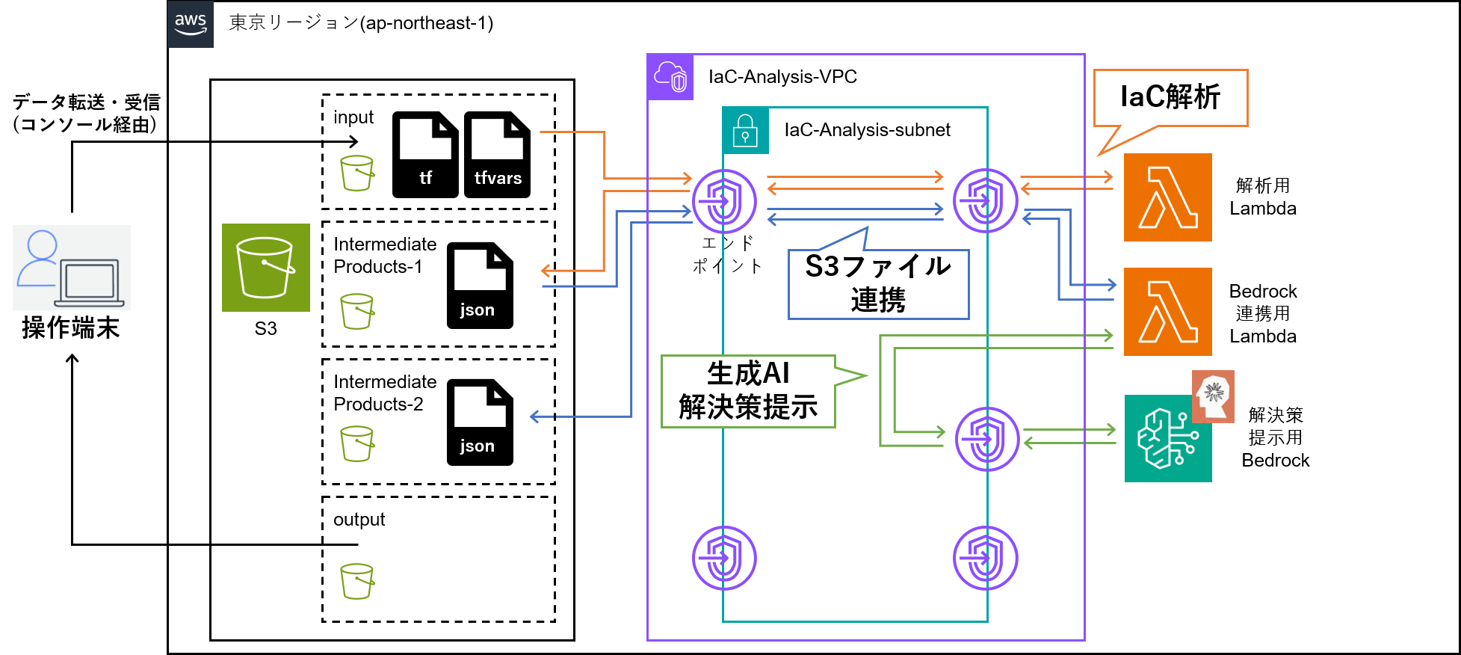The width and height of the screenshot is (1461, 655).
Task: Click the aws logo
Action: coord(190,24)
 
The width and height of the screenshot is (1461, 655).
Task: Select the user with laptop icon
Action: coord(72,268)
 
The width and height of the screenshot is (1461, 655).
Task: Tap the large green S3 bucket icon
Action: coord(265,268)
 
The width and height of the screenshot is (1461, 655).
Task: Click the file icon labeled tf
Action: coord(425,154)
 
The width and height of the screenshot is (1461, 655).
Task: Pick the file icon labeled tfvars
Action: coord(497,154)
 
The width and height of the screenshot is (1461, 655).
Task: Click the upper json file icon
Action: coord(480,285)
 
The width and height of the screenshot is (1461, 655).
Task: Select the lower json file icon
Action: coord(480,422)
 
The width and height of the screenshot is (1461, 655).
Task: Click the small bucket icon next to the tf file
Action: coord(356,173)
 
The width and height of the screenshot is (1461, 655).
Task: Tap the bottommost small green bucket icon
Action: coord(356,581)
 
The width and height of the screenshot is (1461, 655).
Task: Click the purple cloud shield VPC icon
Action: coord(670,77)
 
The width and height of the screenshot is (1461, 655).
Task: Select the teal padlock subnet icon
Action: coord(745,130)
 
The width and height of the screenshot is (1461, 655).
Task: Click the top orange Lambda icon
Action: coord(1167,197)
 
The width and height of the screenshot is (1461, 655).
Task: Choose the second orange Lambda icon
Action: coord(1167,312)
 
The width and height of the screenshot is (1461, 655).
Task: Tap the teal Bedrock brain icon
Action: coord(1167,439)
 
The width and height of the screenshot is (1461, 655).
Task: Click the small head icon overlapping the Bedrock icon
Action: coord(1213,396)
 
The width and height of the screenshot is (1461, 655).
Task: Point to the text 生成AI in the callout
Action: coord(748,372)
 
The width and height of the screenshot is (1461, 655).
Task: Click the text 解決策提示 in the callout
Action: coord(748,408)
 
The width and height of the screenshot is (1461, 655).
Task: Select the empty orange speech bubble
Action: coord(1170,98)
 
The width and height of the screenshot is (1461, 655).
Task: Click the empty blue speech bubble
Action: coord(878,284)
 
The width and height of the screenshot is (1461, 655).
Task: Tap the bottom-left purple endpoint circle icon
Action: coord(723,558)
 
